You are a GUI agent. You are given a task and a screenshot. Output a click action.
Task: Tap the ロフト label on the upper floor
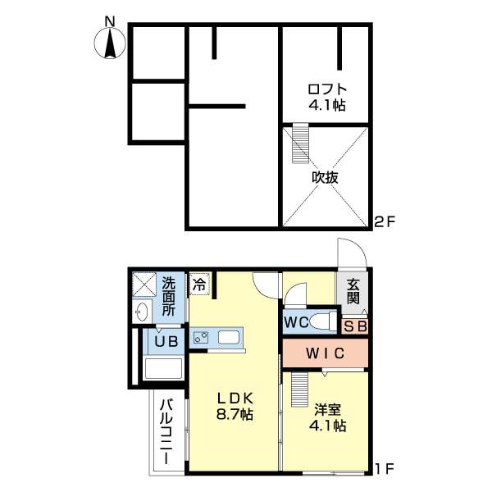tap(326, 89)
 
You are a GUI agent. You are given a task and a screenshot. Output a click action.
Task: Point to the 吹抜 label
tap(326, 177)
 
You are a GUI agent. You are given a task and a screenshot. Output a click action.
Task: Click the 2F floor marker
tap(385, 221)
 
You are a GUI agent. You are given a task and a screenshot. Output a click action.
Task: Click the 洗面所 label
tap(168, 297)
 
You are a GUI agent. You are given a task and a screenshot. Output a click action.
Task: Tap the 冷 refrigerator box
tap(199, 285)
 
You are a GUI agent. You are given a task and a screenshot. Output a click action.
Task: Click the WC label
tap(297, 322)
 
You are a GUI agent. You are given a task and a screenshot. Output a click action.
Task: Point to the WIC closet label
tap(326, 353)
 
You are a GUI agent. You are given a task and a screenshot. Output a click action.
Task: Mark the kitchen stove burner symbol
tap(201, 337)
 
